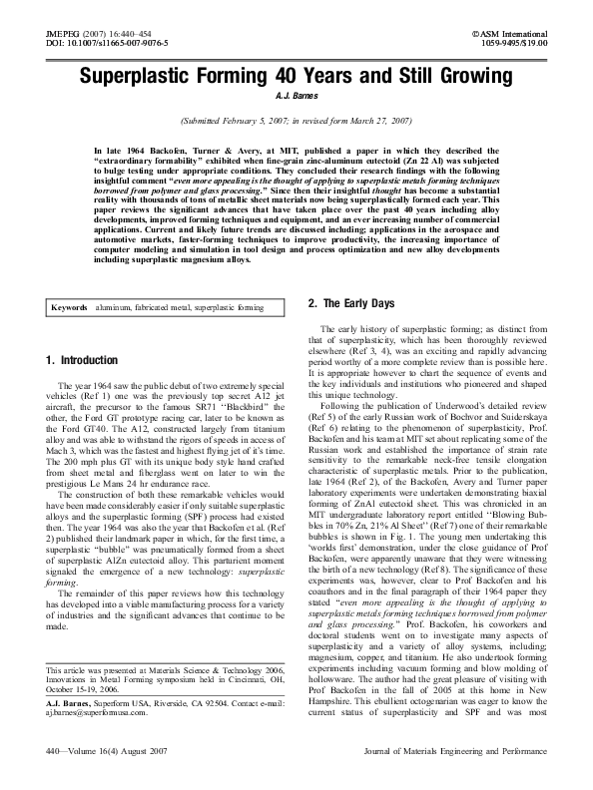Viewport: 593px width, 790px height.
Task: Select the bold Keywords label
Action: (x=73, y=308)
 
